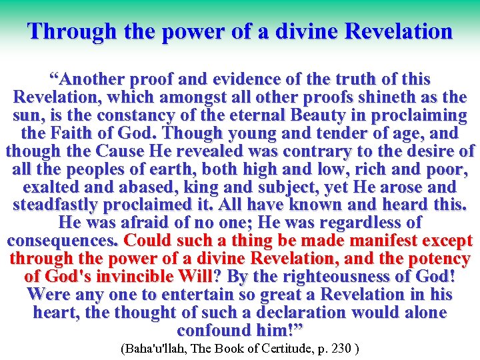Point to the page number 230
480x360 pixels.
pyautogui.click(x=343, y=349)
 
